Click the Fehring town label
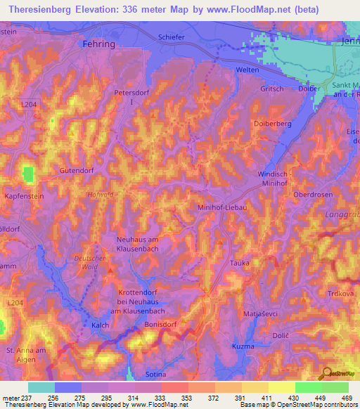click(95, 44)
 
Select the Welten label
click(248, 70)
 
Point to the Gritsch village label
click(272, 89)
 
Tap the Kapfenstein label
click(24, 197)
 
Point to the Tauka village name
click(239, 263)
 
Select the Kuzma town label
click(243, 347)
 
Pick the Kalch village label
click(101, 325)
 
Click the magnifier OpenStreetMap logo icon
click(326, 372)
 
